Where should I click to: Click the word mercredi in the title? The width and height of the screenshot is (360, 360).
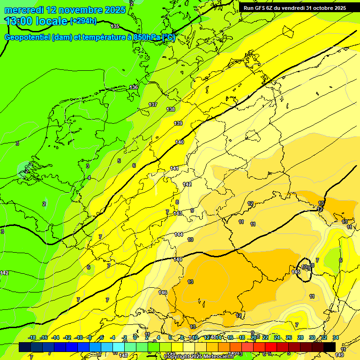pyautogui.click(x=23, y=10)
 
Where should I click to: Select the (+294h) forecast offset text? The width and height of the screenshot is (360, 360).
pyautogui.click(x=83, y=21)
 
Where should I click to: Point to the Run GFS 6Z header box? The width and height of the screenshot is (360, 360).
pyautogui.click(x=295, y=7)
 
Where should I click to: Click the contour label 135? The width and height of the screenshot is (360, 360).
pyautogui.click(x=115, y=26)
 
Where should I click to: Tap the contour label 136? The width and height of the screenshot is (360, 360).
pyautogui.click(x=134, y=87)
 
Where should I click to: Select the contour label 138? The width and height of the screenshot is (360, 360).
pyautogui.click(x=171, y=109)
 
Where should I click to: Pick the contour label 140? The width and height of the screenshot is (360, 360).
pyautogui.click(x=180, y=142)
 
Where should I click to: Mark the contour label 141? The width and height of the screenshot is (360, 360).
pyautogui.click(x=174, y=168)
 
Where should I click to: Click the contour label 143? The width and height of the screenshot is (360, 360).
pyautogui.click(x=178, y=213)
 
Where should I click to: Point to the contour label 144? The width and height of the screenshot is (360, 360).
pyautogui.click(x=179, y=234)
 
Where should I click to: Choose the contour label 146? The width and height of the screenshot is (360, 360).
pyautogui.click(x=163, y=292)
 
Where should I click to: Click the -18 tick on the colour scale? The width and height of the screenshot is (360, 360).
pyautogui.click(x=32, y=338)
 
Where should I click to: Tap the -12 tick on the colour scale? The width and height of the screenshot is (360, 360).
pyautogui.click(x=67, y=338)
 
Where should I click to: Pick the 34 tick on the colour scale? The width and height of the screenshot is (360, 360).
pyautogui.click(x=336, y=338)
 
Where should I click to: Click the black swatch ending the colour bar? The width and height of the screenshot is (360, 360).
pyautogui.click(x=330, y=347)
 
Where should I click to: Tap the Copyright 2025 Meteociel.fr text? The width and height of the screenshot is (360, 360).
pyautogui.click(x=199, y=356)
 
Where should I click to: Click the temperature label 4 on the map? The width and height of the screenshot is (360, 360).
pyautogui.click(x=89, y=178)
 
